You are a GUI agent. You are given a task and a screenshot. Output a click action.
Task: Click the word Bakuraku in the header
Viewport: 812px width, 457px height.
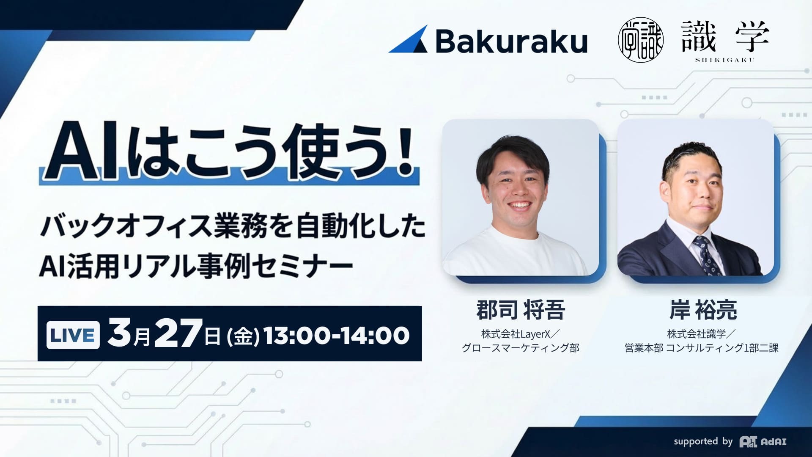[511, 41]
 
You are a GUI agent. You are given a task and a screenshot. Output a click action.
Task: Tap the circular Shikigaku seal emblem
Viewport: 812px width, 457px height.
[640, 40]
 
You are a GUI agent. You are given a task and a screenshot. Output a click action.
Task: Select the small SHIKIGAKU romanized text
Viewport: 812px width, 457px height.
[725, 60]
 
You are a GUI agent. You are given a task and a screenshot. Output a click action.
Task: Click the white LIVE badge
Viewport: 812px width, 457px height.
[73, 335]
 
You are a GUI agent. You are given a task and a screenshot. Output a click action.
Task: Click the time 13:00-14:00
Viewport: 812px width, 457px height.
[337, 336]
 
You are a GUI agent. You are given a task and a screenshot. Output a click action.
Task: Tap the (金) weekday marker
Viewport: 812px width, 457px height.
[243, 337]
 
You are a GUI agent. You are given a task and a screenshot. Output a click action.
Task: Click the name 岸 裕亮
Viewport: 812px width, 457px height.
[703, 310]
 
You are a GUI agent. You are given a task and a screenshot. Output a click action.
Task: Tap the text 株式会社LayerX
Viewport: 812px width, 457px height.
[516, 334]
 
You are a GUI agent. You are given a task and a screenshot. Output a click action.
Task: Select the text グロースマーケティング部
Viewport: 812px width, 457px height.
[520, 348]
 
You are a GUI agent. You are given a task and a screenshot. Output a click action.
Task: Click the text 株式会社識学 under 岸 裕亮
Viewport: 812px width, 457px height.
[696, 334]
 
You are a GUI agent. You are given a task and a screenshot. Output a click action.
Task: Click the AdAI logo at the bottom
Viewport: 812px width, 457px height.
[763, 442]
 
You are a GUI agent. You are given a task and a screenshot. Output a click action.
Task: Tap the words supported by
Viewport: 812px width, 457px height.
[703, 441]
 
